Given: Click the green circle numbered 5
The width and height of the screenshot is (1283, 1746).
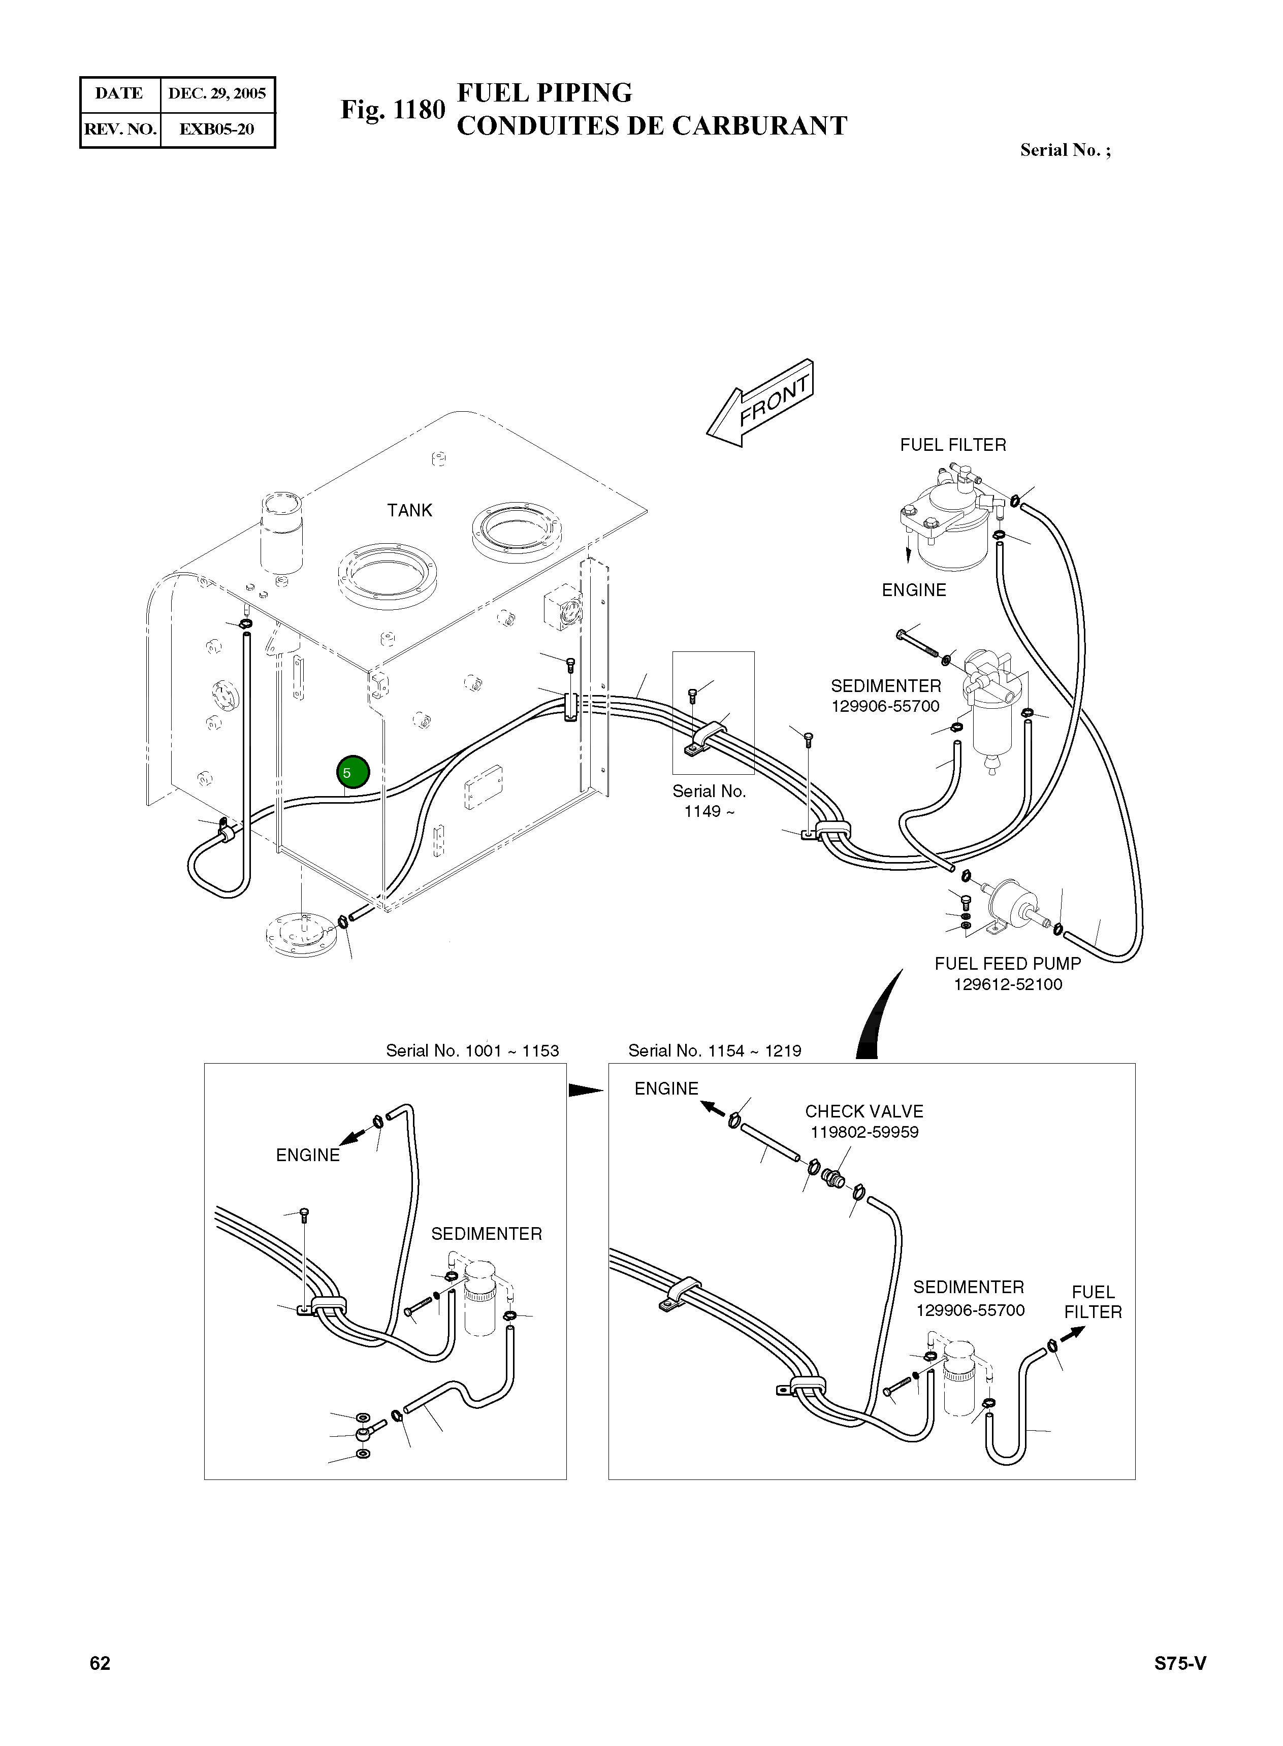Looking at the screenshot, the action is (352, 772).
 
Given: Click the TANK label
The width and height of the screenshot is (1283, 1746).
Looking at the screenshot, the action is (409, 510).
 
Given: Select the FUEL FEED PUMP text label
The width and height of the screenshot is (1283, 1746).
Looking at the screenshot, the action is (1007, 964).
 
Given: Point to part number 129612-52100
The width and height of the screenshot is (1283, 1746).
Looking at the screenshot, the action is (1007, 984).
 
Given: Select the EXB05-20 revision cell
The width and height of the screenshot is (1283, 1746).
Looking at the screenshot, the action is (217, 129).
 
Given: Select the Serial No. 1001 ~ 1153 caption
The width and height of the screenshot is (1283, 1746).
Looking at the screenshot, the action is (472, 1050).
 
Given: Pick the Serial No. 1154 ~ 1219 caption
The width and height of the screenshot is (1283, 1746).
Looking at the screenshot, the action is (715, 1050).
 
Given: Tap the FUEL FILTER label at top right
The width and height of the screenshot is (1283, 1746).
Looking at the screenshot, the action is (953, 445).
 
